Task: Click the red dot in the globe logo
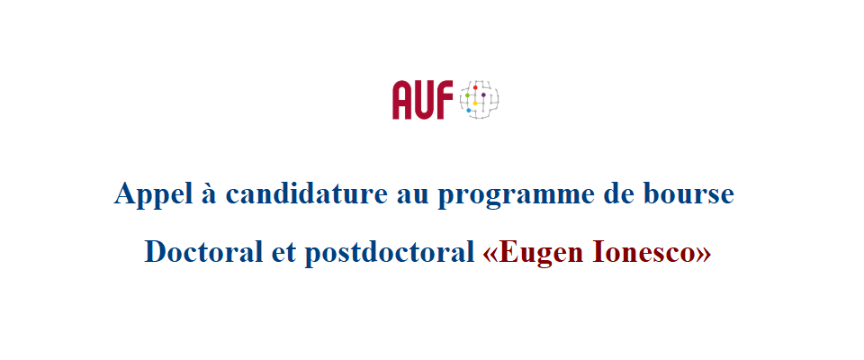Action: pyautogui.click(x=475, y=87)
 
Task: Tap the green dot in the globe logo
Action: pyautogui.click(x=467, y=95)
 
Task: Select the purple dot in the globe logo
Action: pyautogui.click(x=483, y=94)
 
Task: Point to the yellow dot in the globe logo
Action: pyautogui.click(x=475, y=103)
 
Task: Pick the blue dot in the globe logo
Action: pyautogui.click(x=468, y=111)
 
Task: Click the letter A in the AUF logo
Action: pyautogui.click(x=403, y=100)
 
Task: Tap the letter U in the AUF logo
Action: pyautogui.click(x=425, y=100)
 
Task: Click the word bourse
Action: pyautogui.click(x=688, y=194)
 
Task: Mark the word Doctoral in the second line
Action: pyautogui.click(x=203, y=253)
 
